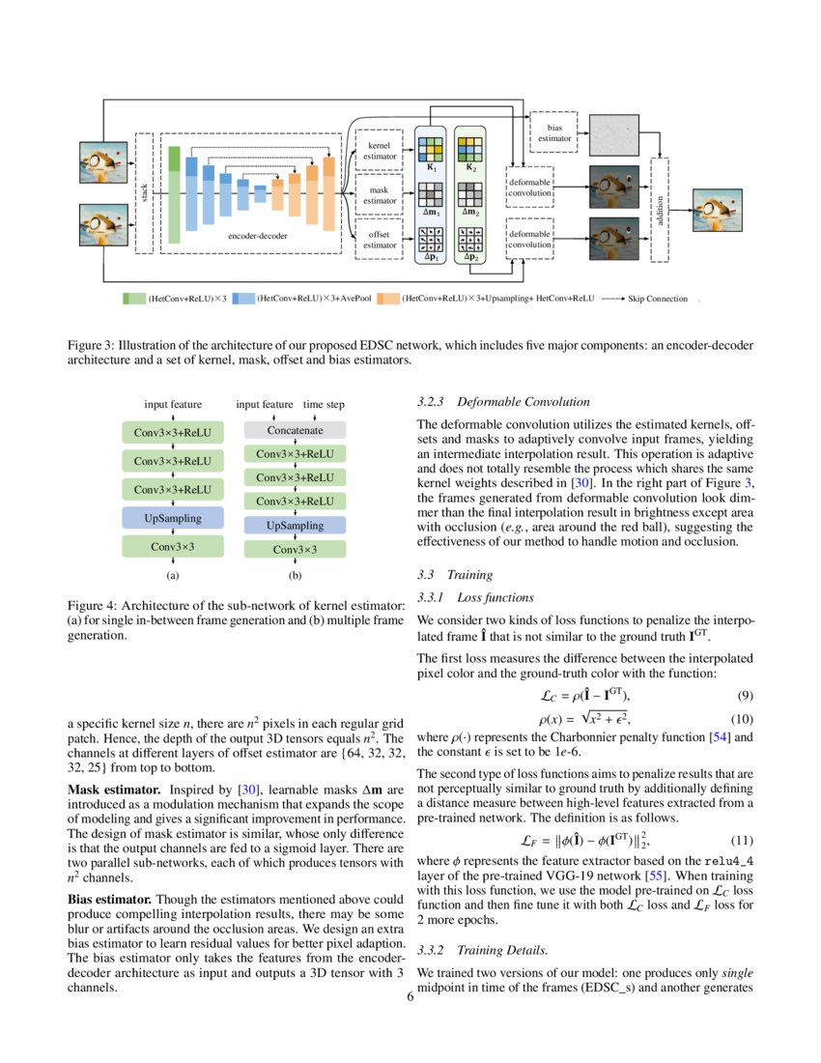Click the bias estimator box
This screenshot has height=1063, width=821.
click(554, 133)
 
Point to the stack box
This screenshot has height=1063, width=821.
click(144, 193)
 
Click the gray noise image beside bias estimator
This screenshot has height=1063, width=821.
click(614, 133)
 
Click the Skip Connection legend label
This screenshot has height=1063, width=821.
click(658, 299)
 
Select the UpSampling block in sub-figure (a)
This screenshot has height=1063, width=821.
click(173, 517)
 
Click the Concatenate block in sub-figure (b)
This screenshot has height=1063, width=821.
click(295, 429)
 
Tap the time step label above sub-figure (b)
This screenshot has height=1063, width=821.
click(324, 405)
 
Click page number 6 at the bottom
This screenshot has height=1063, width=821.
click(410, 997)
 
